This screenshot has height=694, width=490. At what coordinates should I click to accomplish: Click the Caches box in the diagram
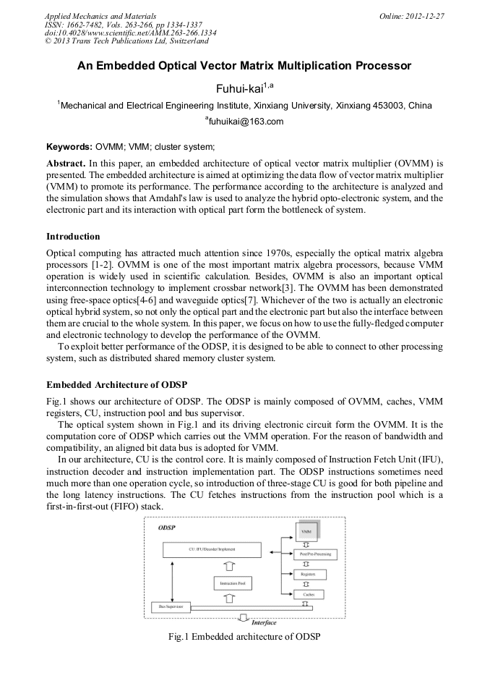(x=309, y=593)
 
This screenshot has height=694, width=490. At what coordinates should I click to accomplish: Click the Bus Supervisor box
(x=171, y=606)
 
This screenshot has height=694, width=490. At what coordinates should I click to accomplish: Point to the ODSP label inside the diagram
(x=167, y=528)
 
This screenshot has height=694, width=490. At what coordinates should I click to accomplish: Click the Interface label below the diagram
(x=264, y=622)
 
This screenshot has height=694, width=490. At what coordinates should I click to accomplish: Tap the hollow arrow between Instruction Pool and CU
(x=230, y=566)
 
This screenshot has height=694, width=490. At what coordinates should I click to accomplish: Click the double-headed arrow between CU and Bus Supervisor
(x=171, y=578)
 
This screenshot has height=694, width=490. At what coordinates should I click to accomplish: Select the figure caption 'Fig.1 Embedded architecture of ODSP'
(x=244, y=636)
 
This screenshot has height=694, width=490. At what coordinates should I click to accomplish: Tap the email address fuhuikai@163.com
(x=246, y=122)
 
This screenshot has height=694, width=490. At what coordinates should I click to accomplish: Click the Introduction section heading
(x=73, y=237)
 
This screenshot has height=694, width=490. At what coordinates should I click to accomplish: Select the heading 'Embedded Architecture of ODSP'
(x=117, y=383)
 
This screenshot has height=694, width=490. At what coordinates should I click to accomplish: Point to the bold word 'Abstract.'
(x=66, y=164)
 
